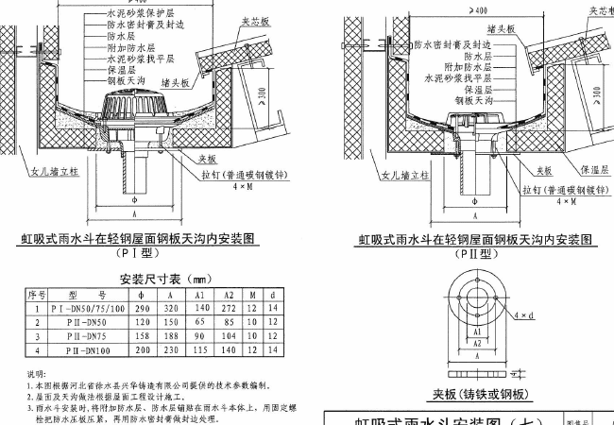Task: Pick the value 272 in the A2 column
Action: click(x=228, y=309)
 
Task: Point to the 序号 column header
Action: click(x=35, y=296)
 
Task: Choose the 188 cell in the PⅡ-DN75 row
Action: click(x=170, y=335)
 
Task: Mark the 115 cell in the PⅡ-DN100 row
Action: click(x=199, y=348)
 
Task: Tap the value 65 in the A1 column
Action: click(x=199, y=322)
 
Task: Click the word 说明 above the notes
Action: click(x=35, y=375)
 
